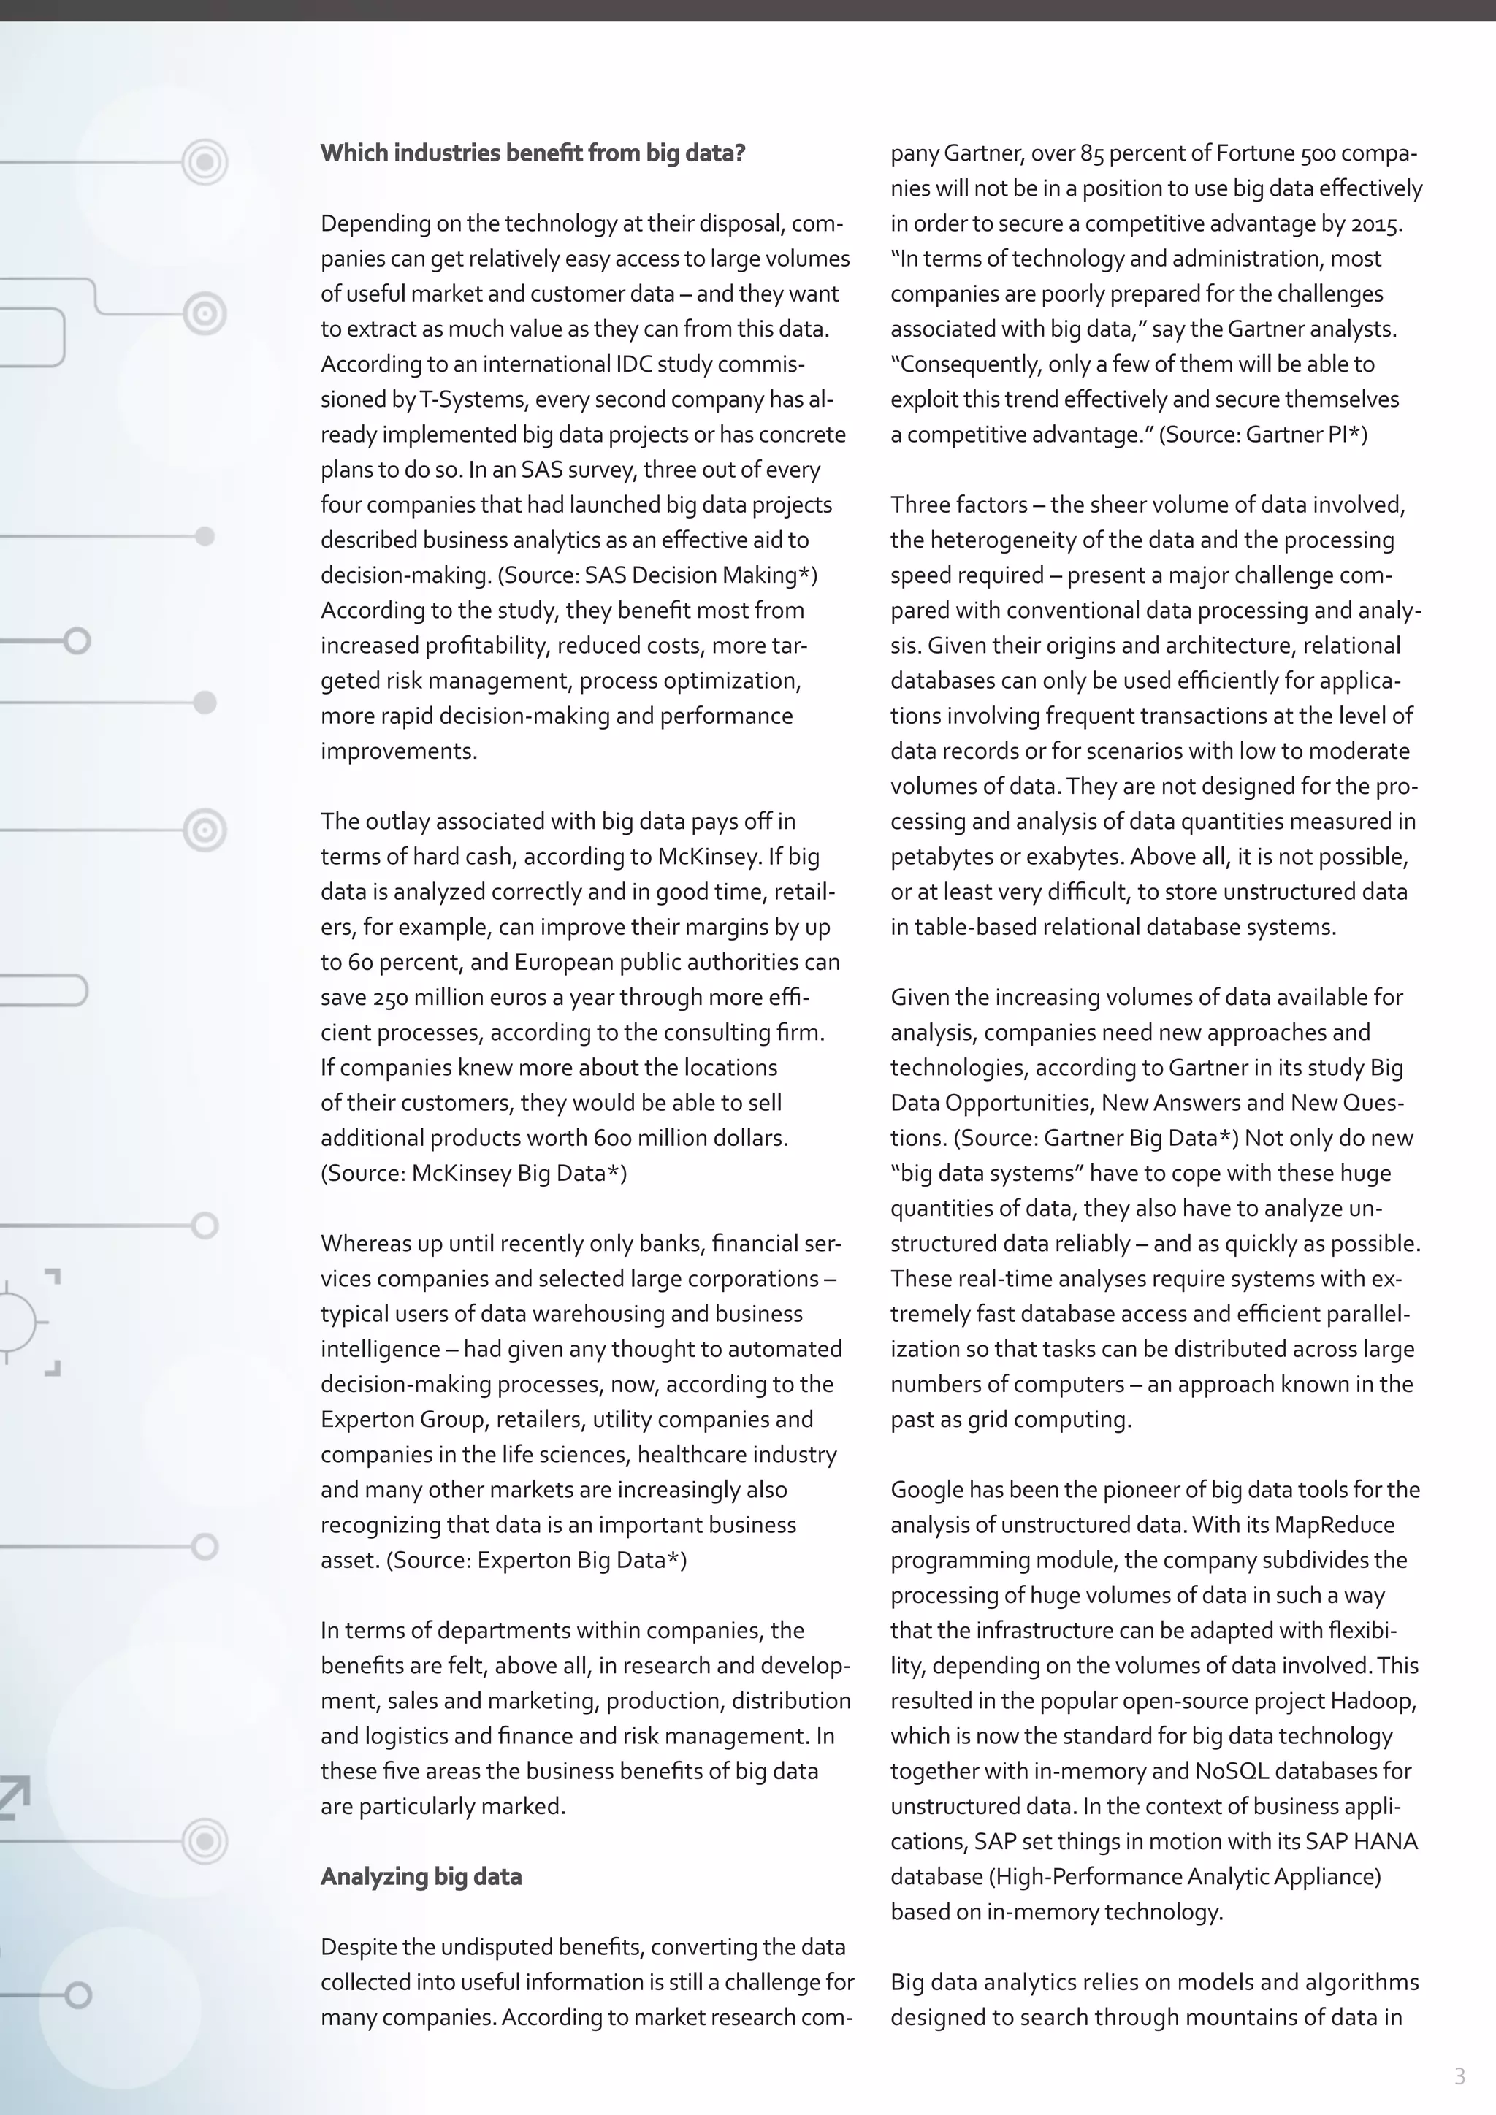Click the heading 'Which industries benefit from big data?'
(x=533, y=153)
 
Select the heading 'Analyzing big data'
(x=421, y=1876)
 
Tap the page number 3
(x=1459, y=2076)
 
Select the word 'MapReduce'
(x=1334, y=1524)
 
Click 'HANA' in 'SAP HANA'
(x=1386, y=1841)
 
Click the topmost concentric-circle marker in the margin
(x=205, y=162)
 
